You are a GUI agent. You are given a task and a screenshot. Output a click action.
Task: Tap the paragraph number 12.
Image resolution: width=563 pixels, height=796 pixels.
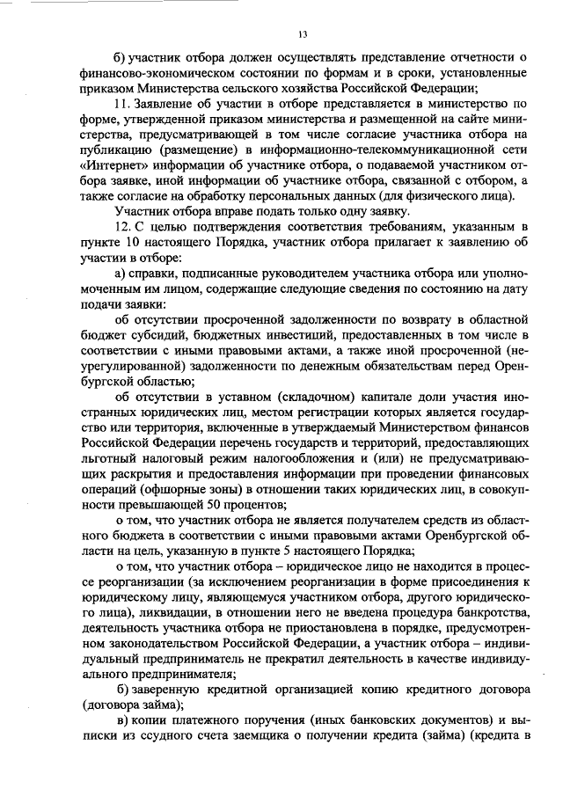124,227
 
